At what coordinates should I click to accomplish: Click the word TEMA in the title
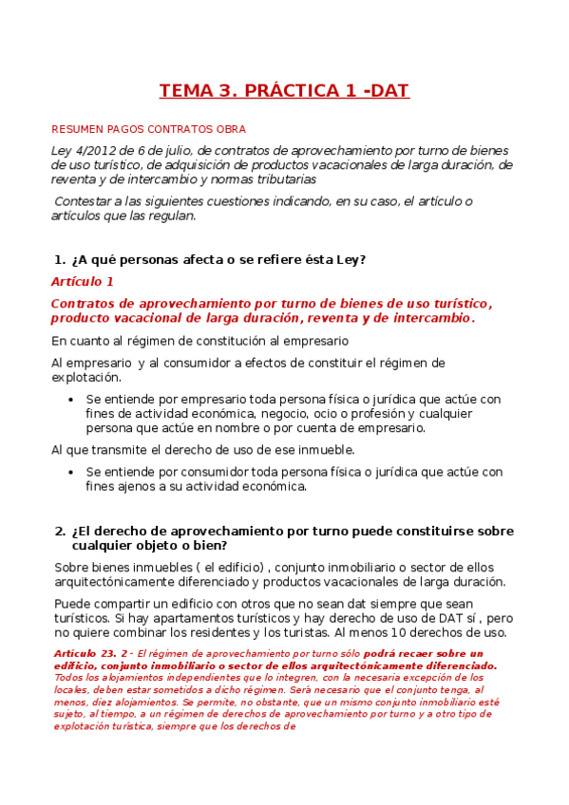[x=185, y=91]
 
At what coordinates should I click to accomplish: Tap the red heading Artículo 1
[x=82, y=282]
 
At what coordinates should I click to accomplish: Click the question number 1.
[x=59, y=259]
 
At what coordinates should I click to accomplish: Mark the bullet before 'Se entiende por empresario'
[x=71, y=400]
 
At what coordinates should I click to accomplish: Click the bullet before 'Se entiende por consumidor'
[x=71, y=472]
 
